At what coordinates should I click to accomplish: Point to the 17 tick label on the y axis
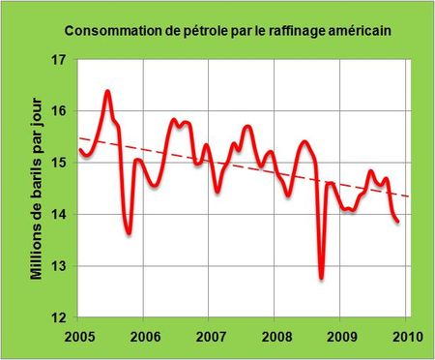click(58, 60)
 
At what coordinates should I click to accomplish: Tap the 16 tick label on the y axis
click(58, 111)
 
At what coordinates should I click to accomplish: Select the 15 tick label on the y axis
click(58, 163)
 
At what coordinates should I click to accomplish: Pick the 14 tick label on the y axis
click(58, 214)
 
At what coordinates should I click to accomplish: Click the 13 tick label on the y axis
click(58, 266)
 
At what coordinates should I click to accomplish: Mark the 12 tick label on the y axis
click(58, 317)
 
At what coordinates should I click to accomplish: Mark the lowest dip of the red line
click(321, 279)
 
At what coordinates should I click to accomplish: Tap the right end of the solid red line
click(397, 222)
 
